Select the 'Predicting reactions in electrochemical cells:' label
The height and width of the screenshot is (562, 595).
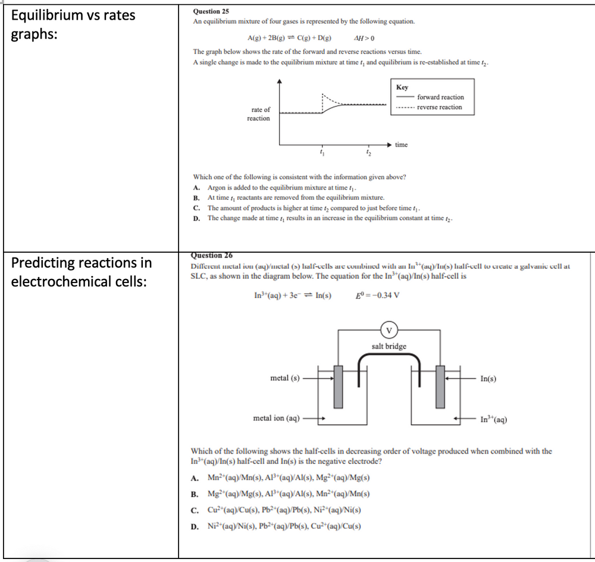point(82,271)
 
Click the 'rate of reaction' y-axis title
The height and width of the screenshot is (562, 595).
point(259,114)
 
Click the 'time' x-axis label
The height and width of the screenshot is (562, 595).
point(402,145)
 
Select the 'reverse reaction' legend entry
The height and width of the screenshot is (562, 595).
point(439,107)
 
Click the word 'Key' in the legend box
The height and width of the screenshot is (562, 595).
point(402,87)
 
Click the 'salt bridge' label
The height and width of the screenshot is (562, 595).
point(389,346)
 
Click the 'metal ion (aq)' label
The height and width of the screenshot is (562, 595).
point(277,418)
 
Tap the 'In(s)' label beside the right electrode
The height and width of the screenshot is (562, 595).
point(488,378)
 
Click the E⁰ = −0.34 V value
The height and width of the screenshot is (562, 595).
point(377,296)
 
